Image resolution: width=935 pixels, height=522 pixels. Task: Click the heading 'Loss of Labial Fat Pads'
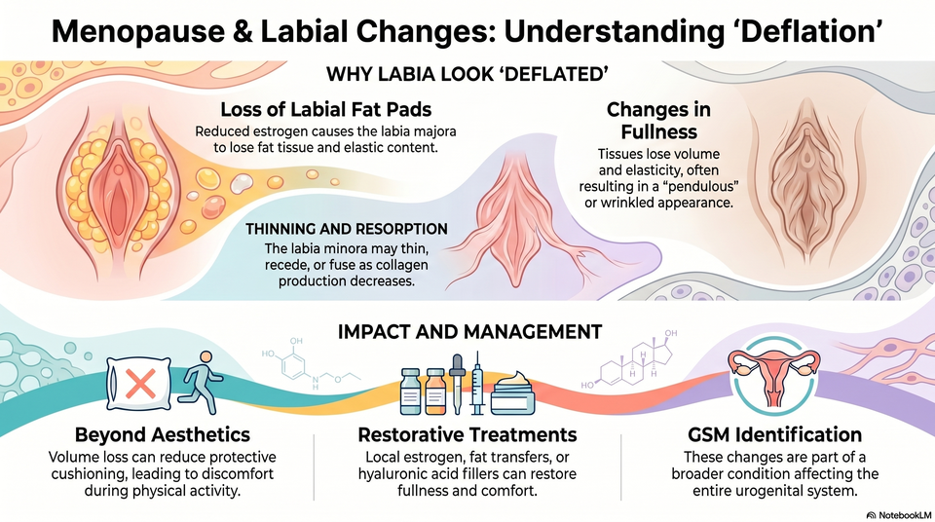(326, 110)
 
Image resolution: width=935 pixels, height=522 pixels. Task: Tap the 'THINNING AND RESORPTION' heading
(347, 229)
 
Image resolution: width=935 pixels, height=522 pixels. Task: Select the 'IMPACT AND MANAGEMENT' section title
(469, 332)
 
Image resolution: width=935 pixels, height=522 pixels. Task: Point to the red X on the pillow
(140, 383)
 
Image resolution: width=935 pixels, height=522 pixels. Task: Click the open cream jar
(513, 392)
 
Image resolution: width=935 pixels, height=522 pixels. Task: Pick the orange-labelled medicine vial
(435, 391)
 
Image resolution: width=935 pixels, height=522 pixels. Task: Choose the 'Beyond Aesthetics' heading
(163, 434)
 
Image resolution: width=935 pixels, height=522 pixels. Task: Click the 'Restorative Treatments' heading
(467, 434)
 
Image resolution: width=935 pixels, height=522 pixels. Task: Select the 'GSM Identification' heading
(774, 434)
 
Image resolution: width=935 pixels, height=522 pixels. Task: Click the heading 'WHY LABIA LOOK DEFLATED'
(467, 74)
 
